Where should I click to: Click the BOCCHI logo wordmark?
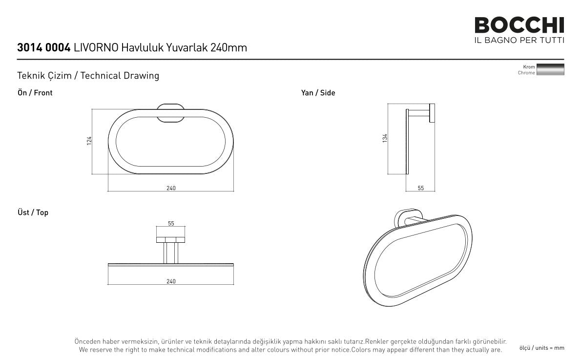pyautogui.click(x=519, y=25)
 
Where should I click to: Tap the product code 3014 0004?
pyautogui.click(x=44, y=48)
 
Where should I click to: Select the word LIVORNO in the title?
pyautogui.click(x=96, y=48)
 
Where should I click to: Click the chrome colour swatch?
pyautogui.click(x=550, y=69)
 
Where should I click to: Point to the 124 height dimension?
pyautogui.click(x=89, y=141)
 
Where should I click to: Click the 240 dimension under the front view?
pyautogui.click(x=171, y=188)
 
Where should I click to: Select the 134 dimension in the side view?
pyautogui.click(x=385, y=138)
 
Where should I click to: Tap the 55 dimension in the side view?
pyautogui.click(x=420, y=188)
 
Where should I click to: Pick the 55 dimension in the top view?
pyautogui.click(x=171, y=224)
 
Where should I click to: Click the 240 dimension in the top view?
pyautogui.click(x=171, y=281)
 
